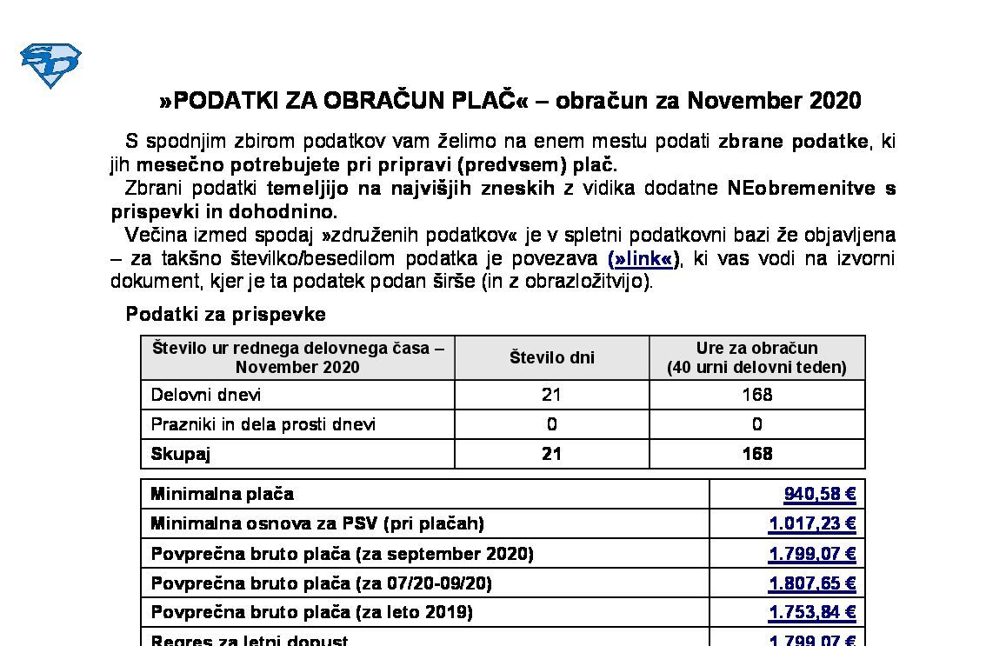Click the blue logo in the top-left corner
click(50, 65)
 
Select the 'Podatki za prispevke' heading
click(225, 314)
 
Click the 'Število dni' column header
click(551, 357)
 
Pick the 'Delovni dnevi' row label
click(206, 395)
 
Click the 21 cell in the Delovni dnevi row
click(551, 395)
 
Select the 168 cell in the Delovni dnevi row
click(756, 395)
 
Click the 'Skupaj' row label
click(181, 454)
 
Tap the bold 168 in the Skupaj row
click(756, 454)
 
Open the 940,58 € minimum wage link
click(819, 495)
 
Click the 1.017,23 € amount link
click(811, 523)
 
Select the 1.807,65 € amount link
click(811, 583)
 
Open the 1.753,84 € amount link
click(811, 613)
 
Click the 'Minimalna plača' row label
click(223, 494)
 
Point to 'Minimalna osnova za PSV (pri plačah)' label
click(317, 523)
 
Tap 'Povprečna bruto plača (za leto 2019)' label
click(311, 612)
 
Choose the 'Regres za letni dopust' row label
click(250, 640)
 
